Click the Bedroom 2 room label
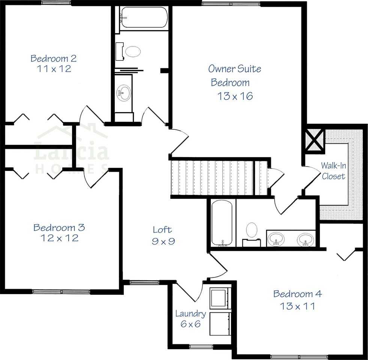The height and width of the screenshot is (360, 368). click(54, 58)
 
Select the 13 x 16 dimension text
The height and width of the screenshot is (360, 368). click(235, 96)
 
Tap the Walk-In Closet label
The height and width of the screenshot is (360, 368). click(333, 171)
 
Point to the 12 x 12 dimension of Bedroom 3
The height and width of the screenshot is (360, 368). click(59, 238)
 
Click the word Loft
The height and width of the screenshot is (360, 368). click(162, 229)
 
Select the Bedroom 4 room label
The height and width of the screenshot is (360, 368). click(297, 294)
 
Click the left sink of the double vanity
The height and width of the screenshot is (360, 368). click(277, 239)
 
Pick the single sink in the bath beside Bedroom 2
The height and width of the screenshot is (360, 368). click(123, 92)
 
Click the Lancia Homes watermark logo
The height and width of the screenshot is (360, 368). click(71, 150)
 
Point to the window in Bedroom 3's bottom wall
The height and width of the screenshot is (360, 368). click(62, 291)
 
